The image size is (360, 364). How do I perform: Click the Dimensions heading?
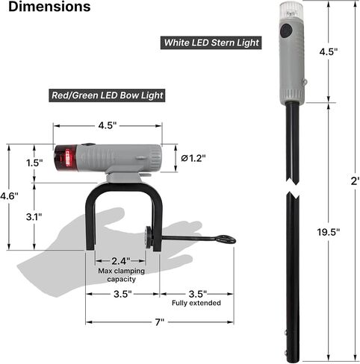49,7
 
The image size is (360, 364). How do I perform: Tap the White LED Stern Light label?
211,43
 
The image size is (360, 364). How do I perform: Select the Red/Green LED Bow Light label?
107,95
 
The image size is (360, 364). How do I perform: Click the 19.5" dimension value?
328,232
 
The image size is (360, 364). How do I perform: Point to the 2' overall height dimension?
355,181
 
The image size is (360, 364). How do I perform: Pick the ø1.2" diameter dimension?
193,158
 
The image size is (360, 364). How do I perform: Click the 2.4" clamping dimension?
121,261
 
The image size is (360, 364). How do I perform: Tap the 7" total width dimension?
160,322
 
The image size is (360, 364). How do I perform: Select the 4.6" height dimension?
9,196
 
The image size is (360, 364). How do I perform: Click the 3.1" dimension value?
34,217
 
